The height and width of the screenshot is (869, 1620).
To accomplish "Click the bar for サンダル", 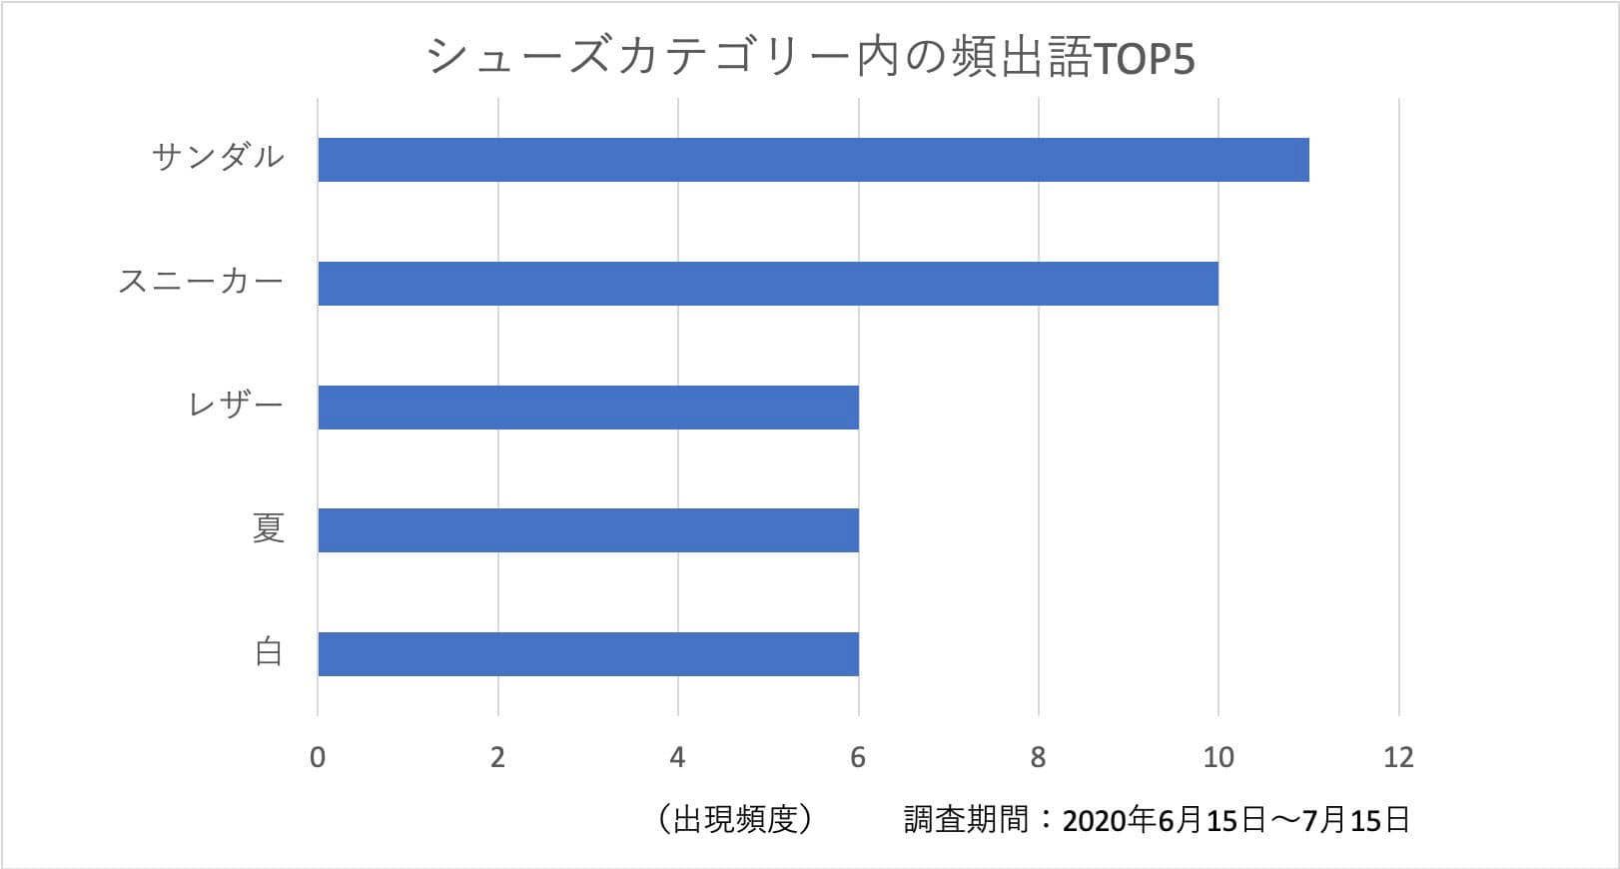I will (x=813, y=160).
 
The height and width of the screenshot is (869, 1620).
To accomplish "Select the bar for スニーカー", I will (x=768, y=284).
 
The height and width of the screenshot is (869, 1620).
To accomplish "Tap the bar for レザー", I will (x=588, y=408).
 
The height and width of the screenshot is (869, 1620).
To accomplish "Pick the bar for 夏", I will (x=588, y=530).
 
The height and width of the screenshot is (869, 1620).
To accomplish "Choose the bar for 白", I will (x=588, y=654).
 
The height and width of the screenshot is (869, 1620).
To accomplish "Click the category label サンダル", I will (x=219, y=157).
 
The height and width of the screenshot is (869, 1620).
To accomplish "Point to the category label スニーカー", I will (x=201, y=282).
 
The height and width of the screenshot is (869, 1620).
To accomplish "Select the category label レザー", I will (x=237, y=406).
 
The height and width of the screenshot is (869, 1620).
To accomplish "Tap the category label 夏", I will (x=268, y=528).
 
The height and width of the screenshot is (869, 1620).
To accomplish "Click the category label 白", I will (x=268, y=652).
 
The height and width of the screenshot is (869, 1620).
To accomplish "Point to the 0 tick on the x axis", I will (x=318, y=757).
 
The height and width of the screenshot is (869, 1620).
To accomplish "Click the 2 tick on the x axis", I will (x=497, y=757).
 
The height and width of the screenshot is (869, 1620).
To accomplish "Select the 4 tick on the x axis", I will (x=678, y=757).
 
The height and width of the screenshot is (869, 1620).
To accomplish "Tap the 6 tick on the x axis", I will (x=858, y=757).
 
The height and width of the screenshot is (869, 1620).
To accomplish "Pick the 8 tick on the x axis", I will (x=1039, y=757).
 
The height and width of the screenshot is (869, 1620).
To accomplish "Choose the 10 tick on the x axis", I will (x=1218, y=757).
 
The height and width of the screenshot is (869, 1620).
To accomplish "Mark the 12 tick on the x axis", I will (x=1398, y=757).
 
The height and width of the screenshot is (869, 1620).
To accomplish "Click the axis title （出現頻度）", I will (x=736, y=820).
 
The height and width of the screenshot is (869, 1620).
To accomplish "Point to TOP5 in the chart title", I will (x=1145, y=60).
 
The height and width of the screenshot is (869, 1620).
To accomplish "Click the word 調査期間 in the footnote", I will (x=966, y=820).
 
